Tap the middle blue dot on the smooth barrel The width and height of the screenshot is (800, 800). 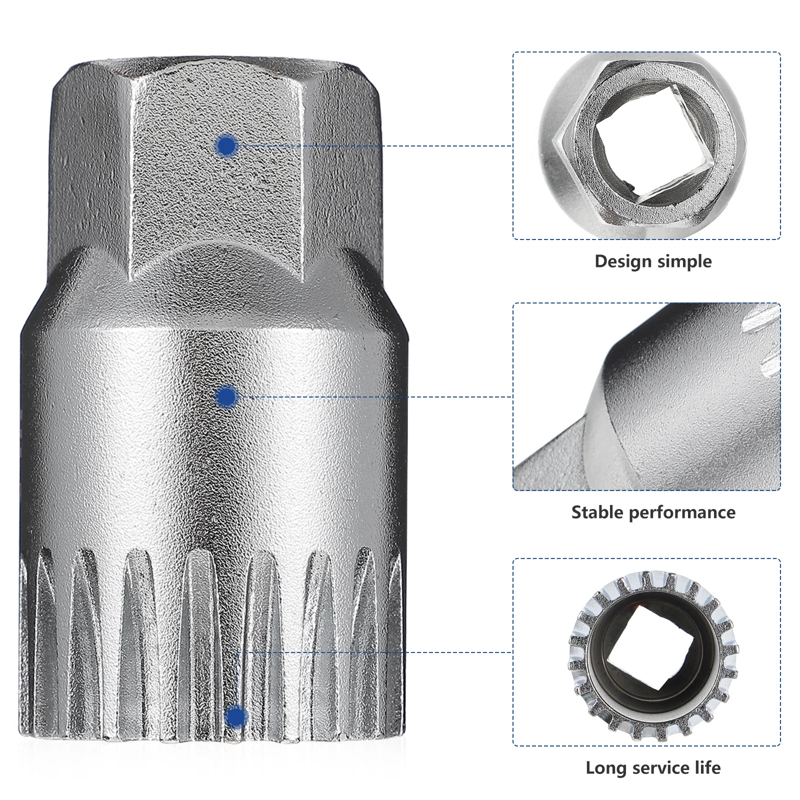coord(227,397)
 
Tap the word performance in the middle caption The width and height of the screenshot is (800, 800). coord(682,513)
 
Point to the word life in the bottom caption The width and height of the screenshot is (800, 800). coord(707,767)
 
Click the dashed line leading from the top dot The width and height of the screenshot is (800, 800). coord(375,146)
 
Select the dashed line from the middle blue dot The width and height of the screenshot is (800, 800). coord(375,397)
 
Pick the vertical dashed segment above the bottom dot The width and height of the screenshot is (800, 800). coord(236,680)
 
